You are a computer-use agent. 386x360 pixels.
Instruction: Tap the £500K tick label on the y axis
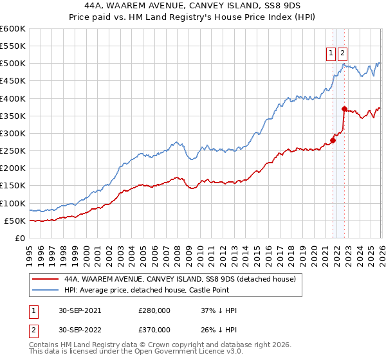[x=13, y=64]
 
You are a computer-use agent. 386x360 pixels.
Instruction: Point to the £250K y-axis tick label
[x=13, y=151]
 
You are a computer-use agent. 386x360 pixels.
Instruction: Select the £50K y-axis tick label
[x=15, y=221]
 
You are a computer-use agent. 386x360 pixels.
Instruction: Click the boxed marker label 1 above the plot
[x=331, y=54]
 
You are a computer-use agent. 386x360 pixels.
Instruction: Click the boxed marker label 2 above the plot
[x=342, y=54]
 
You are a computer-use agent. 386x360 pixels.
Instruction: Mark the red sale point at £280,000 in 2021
[x=333, y=140]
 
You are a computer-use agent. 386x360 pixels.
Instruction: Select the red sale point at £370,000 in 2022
[x=344, y=109]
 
